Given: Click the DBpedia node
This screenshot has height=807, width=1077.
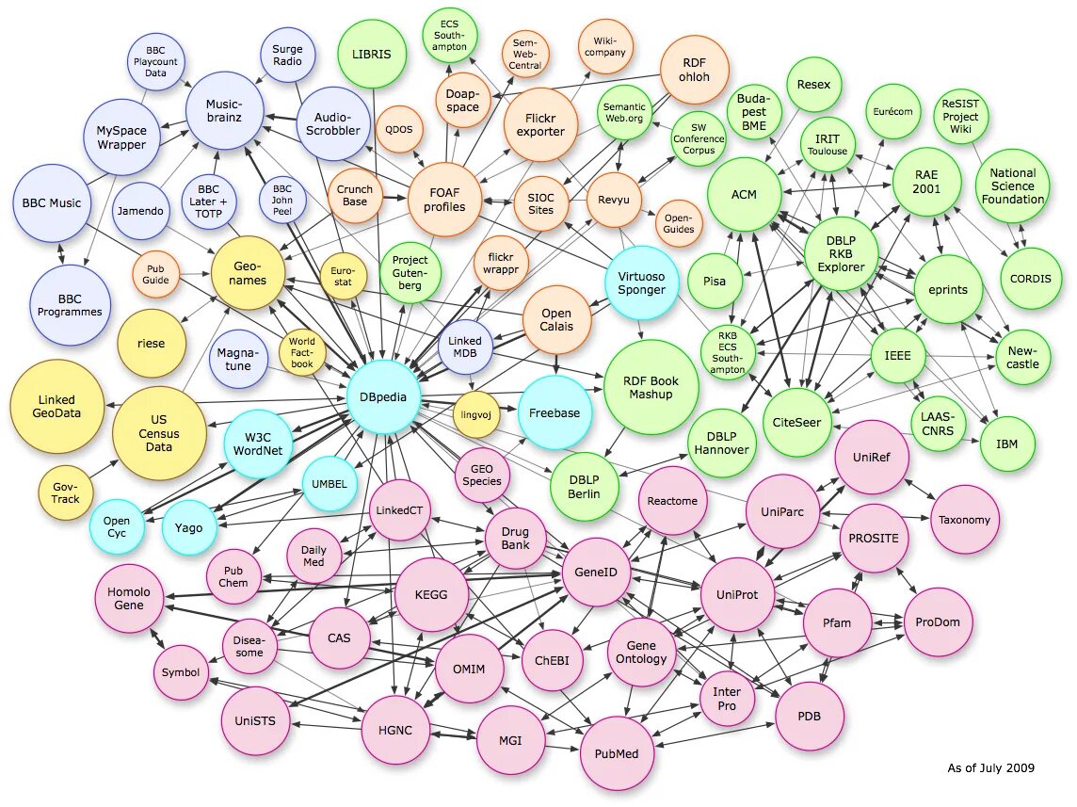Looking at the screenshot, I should (x=382, y=396).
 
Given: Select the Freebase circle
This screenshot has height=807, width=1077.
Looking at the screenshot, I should (x=555, y=412).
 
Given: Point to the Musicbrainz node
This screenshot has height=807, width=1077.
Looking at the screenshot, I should (x=225, y=111).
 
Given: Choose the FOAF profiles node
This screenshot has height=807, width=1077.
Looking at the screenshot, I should (x=444, y=200).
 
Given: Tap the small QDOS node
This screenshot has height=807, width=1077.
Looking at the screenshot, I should (x=399, y=130).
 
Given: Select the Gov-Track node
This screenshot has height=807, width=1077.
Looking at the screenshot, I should (x=66, y=492).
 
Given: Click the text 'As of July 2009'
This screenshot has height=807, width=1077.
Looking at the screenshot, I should (x=990, y=767).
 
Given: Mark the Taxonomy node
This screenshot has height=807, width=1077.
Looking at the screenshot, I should (x=963, y=519).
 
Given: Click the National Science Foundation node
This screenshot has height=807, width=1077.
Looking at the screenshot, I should (x=1012, y=186).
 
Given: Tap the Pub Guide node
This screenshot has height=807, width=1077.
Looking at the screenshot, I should (x=155, y=273).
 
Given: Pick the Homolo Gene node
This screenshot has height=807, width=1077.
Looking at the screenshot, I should (x=129, y=599).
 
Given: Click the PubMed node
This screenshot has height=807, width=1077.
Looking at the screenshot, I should (x=617, y=753).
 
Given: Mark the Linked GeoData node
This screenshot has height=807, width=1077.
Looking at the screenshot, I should (x=56, y=407).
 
